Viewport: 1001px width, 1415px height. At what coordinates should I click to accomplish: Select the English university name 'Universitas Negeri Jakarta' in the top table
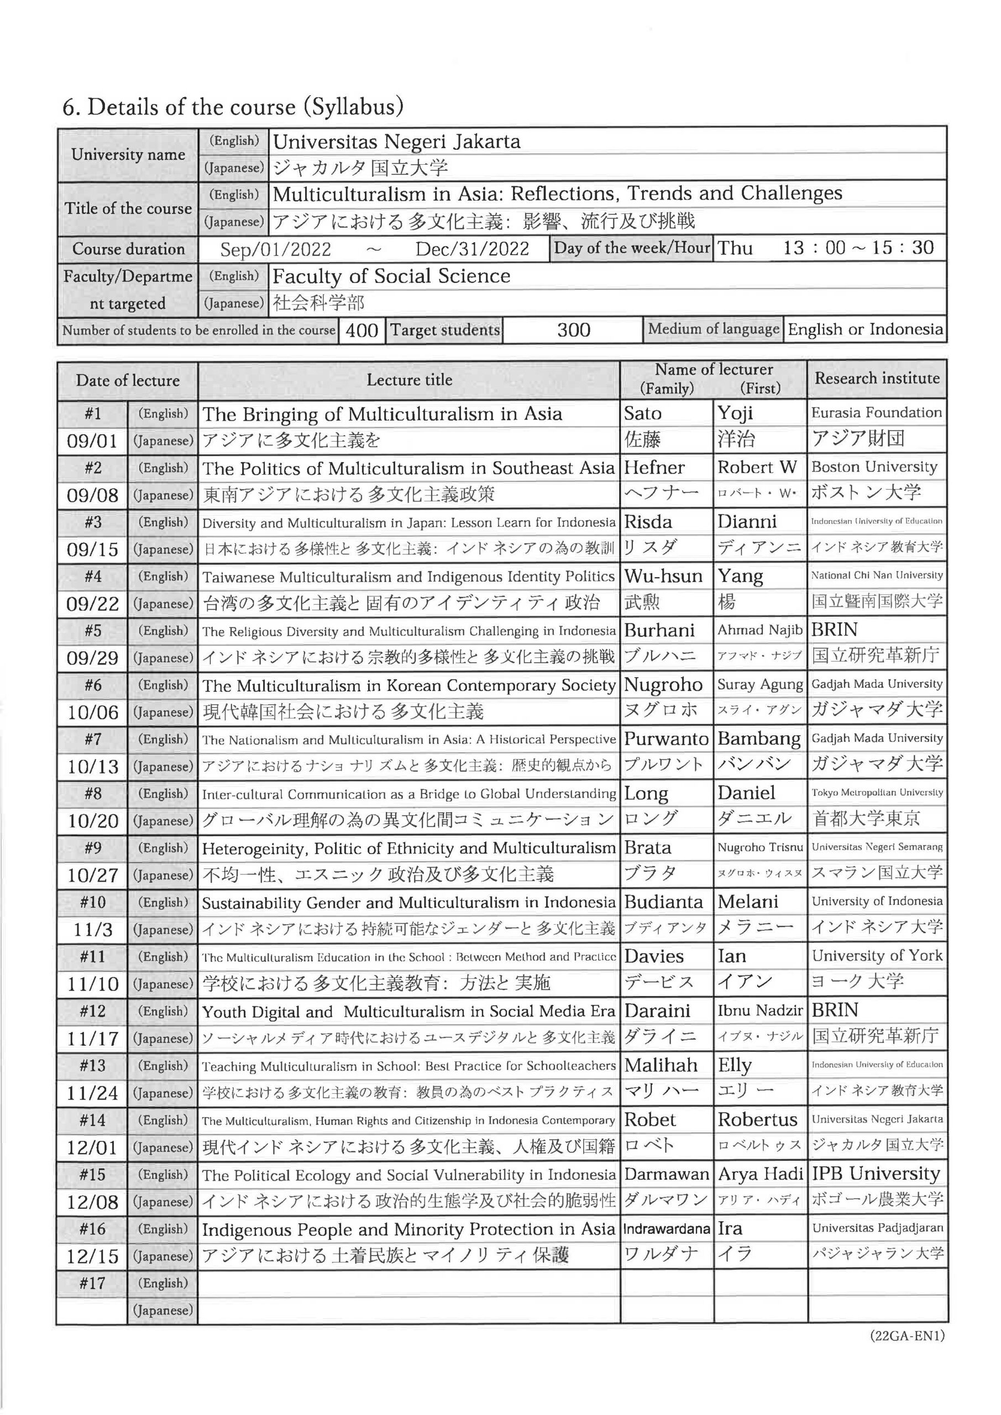coord(396,141)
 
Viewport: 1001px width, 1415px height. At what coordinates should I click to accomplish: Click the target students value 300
coord(573,331)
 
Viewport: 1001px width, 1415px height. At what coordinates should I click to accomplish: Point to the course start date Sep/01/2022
coord(275,249)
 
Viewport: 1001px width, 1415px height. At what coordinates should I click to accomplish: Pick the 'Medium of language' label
coord(713,329)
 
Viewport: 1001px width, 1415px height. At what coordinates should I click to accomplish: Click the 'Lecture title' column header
coord(409,380)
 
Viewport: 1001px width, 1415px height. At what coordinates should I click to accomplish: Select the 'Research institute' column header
coord(877,379)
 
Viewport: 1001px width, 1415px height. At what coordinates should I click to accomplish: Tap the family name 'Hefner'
coord(654,468)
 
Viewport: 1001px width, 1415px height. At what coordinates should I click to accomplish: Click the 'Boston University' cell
coord(874,467)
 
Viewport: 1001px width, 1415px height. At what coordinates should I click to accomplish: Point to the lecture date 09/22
coord(92,604)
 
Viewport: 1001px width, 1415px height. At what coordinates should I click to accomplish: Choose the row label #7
coord(92,739)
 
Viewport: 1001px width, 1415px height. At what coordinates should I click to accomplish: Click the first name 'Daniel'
coord(746,793)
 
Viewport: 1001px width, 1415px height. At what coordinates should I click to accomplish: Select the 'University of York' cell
coord(877,956)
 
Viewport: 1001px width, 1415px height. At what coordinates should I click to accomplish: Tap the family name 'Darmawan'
coord(666,1175)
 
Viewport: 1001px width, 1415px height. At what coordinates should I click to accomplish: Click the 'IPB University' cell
coord(876,1174)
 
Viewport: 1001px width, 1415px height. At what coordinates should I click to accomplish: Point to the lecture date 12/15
coord(92,1256)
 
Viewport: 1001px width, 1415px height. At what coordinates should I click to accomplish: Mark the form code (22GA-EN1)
coord(906,1336)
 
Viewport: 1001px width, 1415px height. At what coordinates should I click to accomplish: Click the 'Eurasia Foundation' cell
coord(876,413)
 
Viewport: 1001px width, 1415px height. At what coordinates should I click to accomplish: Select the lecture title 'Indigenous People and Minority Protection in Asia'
coord(408,1229)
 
